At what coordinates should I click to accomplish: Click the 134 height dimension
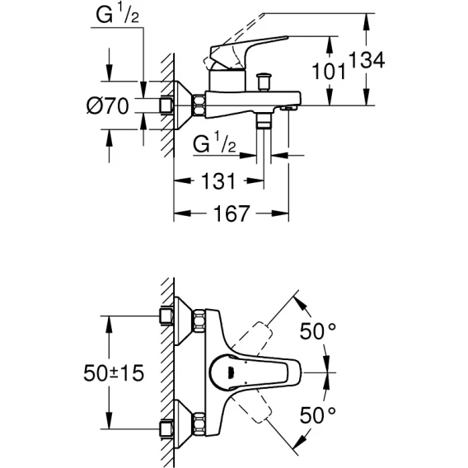pos(367,60)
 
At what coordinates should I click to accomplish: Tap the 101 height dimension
pos(329,71)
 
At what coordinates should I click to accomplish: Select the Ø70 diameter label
pos(107,105)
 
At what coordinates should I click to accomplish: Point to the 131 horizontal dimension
pos(218,181)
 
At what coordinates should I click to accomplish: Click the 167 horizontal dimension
pos(232,213)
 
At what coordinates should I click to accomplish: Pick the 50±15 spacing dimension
pos(114,372)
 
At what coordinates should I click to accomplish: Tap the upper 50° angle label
pos(317,331)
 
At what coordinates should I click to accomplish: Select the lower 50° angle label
pos(317,415)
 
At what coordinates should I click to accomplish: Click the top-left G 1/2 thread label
pos(117,15)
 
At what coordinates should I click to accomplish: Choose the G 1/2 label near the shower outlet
pos(214,143)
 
